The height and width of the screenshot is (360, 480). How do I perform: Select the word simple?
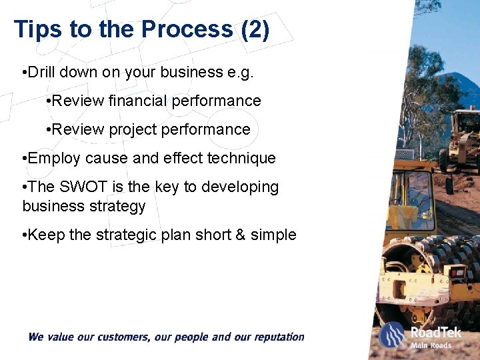pyautogui.click(x=273, y=235)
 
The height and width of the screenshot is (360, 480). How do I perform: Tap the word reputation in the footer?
pyautogui.click(x=275, y=337)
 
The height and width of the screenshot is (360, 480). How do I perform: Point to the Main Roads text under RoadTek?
pyautogui.click(x=431, y=345)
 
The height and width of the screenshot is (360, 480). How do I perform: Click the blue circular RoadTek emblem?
pyautogui.click(x=393, y=335)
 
